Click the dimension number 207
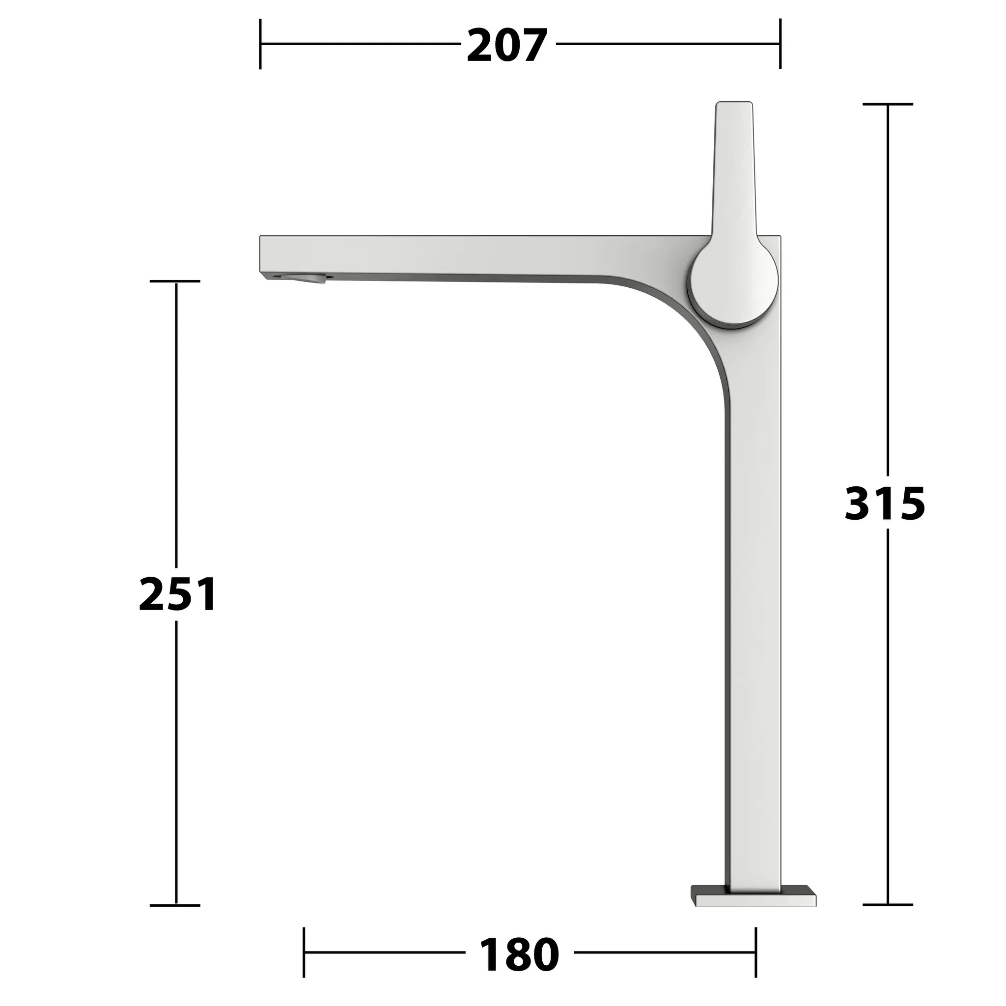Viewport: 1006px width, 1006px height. tap(506, 46)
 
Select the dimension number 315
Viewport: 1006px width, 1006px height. tap(885, 503)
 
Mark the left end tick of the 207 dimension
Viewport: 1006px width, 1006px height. tap(260, 44)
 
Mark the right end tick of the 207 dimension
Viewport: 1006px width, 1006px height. tap(780, 44)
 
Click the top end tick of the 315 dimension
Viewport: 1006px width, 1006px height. tap(888, 104)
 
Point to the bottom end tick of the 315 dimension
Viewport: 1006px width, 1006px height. tap(888, 904)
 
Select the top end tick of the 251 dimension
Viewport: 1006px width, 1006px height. tap(175, 281)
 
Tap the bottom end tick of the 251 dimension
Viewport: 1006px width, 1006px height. tap(175, 905)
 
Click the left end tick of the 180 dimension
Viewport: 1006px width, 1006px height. tap(304, 952)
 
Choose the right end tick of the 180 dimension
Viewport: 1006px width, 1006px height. tap(755, 952)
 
